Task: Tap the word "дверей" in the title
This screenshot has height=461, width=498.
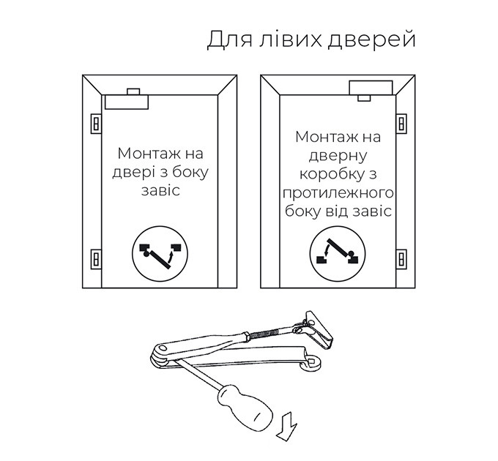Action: (x=371, y=41)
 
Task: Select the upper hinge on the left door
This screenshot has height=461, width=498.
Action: (x=96, y=124)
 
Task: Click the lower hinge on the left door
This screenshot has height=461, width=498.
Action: (x=96, y=259)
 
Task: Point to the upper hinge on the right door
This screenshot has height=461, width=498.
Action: (x=401, y=124)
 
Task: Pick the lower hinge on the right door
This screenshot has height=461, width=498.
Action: (x=401, y=259)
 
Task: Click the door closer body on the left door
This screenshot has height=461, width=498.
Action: (x=127, y=102)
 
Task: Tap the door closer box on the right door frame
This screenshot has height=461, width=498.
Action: (x=371, y=88)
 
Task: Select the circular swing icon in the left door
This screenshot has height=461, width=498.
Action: (x=160, y=254)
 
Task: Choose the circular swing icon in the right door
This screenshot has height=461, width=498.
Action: (x=338, y=254)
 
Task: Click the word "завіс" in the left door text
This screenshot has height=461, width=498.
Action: (x=160, y=191)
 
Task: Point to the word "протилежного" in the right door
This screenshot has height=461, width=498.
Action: (x=338, y=193)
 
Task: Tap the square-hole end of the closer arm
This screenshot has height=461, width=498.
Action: (x=311, y=361)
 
